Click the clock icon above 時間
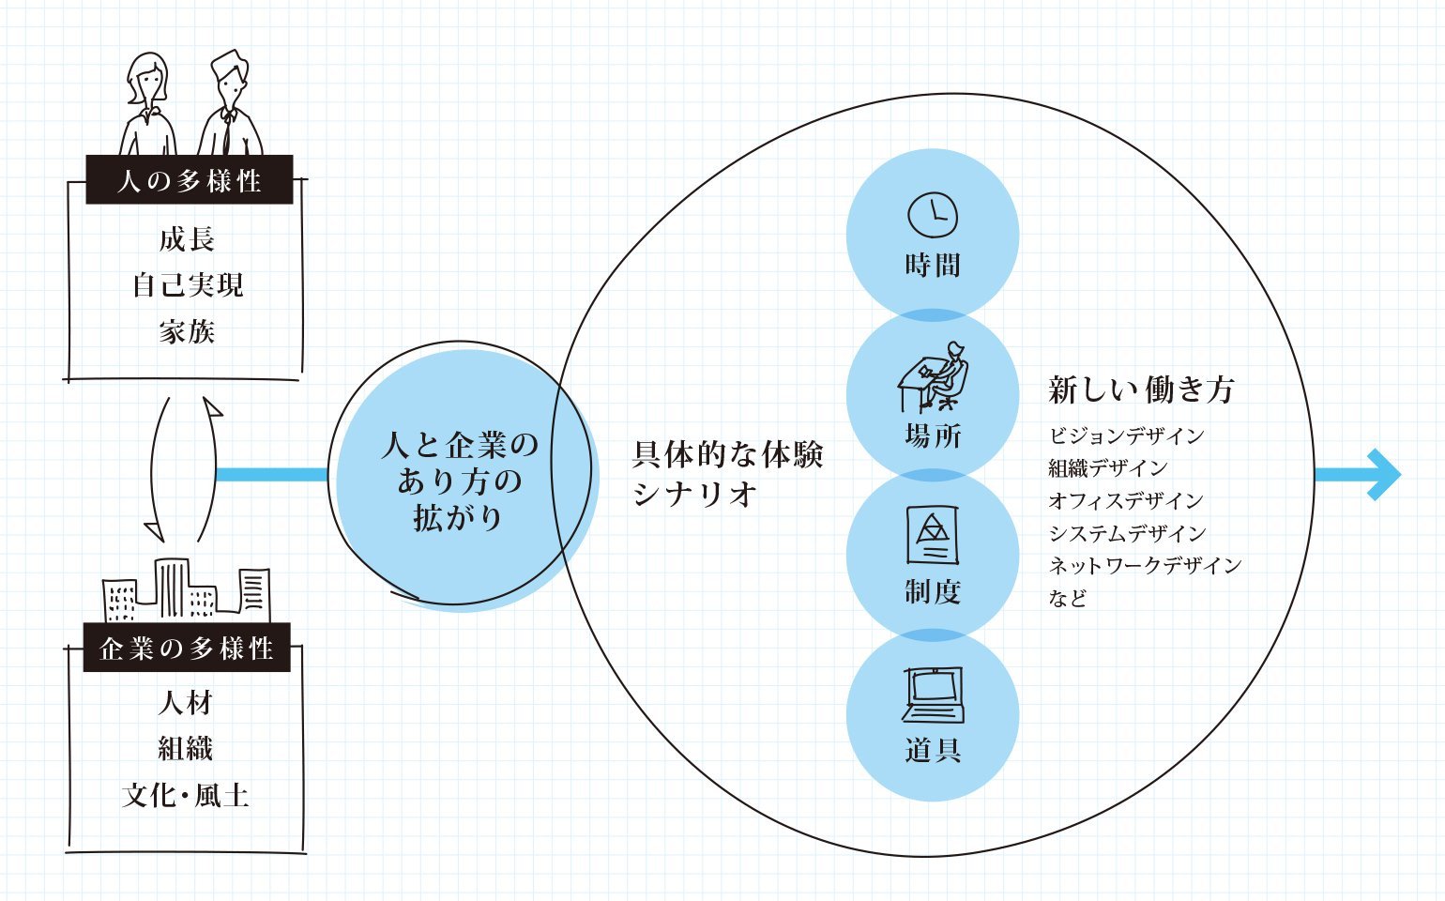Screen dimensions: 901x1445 (933, 215)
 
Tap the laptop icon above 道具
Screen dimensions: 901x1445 (933, 695)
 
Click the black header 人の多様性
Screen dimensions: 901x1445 (190, 180)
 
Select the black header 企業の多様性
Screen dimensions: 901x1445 (187, 648)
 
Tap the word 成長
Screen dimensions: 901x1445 (187, 239)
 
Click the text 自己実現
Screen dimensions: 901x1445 (188, 284)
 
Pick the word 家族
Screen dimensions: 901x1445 (187, 331)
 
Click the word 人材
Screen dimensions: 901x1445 (186, 703)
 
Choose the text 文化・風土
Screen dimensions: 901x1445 (186, 796)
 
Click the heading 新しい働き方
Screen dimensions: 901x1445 (1141, 389)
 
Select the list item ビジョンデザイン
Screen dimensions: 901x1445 (1126, 435)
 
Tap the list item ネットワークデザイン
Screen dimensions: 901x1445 (1145, 565)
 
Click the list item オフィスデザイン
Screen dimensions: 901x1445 (1126, 500)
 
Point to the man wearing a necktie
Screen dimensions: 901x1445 (229, 108)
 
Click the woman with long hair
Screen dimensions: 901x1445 (148, 105)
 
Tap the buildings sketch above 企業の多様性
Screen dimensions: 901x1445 (186, 591)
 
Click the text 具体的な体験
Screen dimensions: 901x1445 (728, 455)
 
